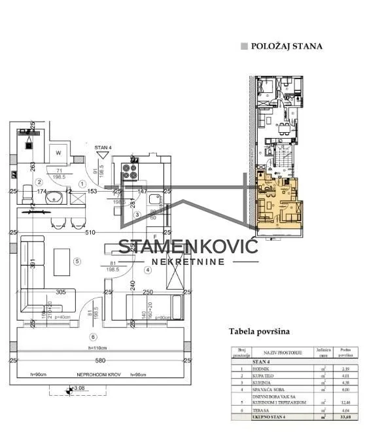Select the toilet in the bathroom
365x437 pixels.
pos(27,194)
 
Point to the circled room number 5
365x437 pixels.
pos(77,262)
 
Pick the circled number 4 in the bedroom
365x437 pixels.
pos(148,269)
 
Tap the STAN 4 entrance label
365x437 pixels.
pos(103,148)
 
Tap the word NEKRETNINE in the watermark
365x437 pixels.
pos(188,262)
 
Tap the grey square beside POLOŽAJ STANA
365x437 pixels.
pos(245,46)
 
